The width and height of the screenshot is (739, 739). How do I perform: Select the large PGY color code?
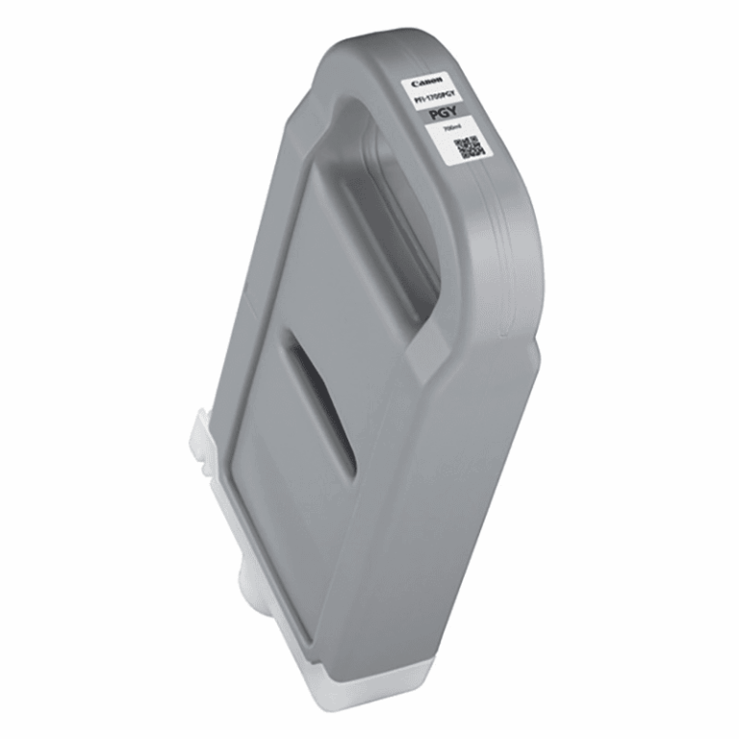tap(445, 115)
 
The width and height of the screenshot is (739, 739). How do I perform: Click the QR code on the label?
tap(470, 146)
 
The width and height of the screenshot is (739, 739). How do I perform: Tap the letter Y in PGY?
tap(455, 113)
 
